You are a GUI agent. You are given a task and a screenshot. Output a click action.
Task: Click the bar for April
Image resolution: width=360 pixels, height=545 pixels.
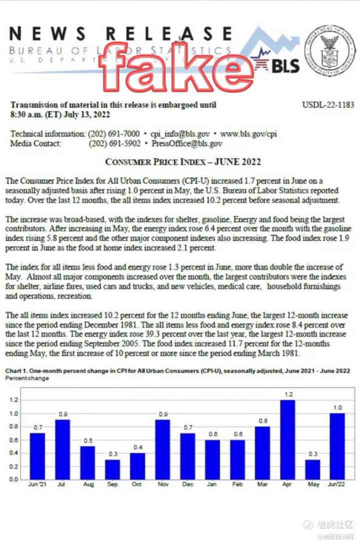[x=287, y=439]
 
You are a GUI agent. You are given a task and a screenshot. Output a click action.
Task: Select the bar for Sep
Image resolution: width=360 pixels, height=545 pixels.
[x=112, y=469]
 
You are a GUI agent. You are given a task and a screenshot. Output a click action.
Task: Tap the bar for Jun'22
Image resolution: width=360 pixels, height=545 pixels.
[x=337, y=446]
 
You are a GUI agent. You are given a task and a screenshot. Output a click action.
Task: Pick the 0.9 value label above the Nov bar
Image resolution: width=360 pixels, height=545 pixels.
[x=162, y=414]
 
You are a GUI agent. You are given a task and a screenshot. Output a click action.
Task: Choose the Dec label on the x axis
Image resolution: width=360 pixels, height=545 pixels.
[x=187, y=484]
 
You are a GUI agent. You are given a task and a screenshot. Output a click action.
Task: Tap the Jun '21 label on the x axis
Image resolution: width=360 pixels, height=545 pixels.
[x=37, y=484]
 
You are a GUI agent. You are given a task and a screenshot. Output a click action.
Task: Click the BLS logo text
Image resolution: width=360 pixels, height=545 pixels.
[x=285, y=65]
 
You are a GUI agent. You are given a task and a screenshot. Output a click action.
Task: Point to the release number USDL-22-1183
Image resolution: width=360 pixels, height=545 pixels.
[x=328, y=105]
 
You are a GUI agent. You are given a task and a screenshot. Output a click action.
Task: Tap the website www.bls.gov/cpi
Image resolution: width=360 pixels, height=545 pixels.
[x=248, y=134]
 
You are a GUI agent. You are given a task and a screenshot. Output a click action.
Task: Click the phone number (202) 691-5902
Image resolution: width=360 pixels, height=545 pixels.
[x=113, y=143]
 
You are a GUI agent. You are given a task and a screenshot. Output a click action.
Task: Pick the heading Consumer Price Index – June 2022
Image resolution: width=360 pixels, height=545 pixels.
[x=182, y=162]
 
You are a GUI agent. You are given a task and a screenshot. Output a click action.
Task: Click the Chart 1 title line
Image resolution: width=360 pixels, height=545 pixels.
[x=177, y=371]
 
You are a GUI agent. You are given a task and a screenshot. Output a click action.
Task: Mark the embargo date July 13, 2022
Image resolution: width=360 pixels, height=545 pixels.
[x=81, y=114]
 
